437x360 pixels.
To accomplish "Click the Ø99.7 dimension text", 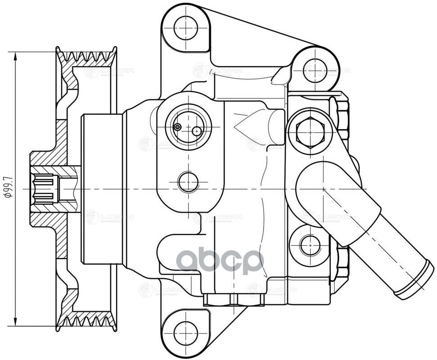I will (x=8, y=188).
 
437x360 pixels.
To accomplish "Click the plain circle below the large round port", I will (x=188, y=182).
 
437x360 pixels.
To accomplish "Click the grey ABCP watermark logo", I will (x=219, y=261).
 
